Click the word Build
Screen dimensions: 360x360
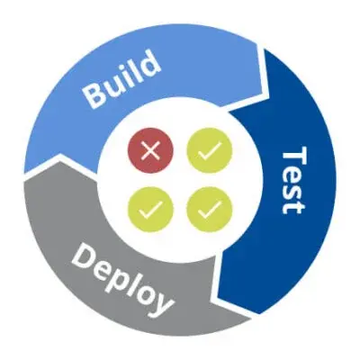point(121,78)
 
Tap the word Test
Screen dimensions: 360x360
point(294,180)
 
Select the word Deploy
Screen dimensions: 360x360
point(122,278)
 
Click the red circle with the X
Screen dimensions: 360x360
point(150,150)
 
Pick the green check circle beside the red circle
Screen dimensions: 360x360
point(210,150)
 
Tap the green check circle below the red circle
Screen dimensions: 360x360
point(150,209)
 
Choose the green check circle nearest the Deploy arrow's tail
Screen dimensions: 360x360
point(210,209)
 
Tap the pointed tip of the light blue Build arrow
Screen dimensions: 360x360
point(269,94)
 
